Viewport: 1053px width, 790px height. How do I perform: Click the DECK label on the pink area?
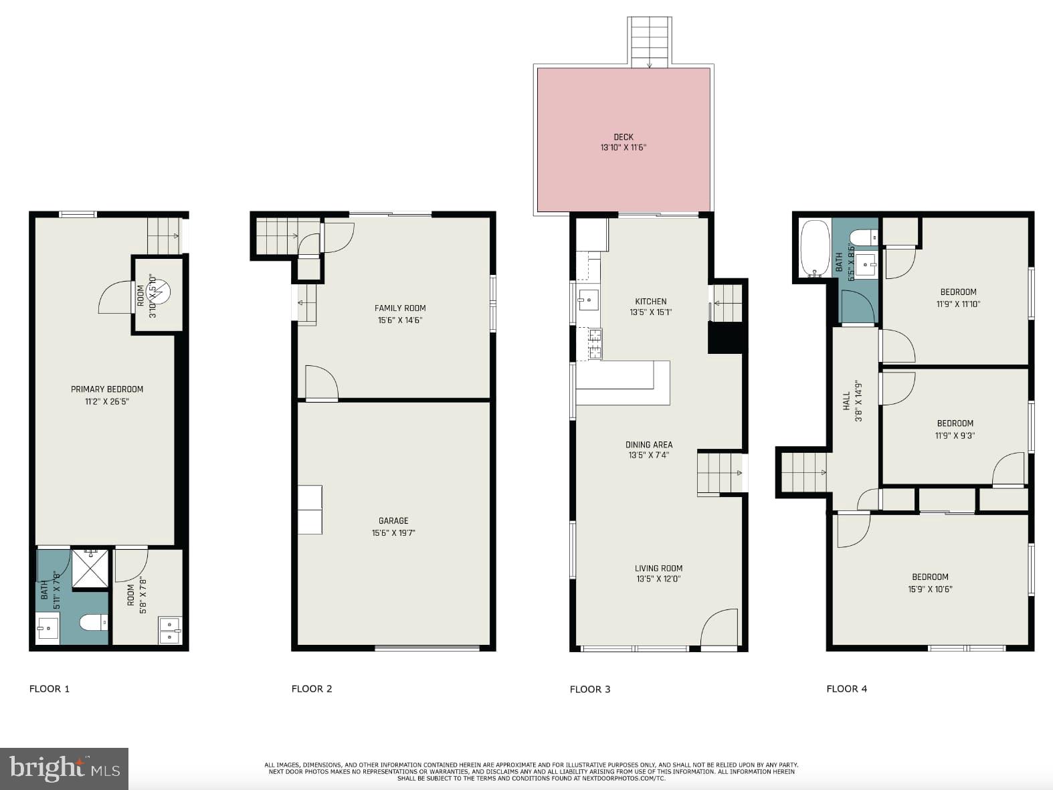click(623, 137)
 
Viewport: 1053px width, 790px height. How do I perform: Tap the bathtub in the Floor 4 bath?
click(814, 248)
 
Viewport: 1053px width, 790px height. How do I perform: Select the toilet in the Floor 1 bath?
click(94, 623)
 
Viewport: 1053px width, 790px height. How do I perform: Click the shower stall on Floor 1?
click(90, 569)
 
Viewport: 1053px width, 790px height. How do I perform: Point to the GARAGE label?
click(393, 520)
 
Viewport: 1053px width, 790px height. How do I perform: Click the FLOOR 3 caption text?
click(589, 689)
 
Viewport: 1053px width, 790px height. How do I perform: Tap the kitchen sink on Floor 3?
click(589, 300)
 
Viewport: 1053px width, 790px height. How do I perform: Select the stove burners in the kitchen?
click(594, 344)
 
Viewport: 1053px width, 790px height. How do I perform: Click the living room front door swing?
click(720, 628)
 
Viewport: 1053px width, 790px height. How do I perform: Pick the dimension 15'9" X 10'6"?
click(930, 589)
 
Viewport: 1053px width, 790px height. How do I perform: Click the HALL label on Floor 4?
click(847, 401)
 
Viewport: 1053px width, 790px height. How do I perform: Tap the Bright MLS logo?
click(64, 769)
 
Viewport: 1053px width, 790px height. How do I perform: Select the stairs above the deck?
click(649, 42)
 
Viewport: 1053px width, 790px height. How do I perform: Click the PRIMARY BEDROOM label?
click(107, 389)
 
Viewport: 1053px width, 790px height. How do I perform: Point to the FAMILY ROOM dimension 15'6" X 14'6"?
click(400, 320)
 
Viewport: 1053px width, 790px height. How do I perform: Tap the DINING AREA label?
click(649, 445)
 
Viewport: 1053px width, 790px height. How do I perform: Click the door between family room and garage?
click(321, 384)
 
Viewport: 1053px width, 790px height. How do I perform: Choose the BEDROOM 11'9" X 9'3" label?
click(955, 423)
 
